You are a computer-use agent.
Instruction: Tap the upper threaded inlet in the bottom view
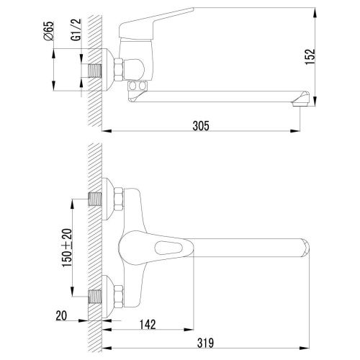click(94, 199)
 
